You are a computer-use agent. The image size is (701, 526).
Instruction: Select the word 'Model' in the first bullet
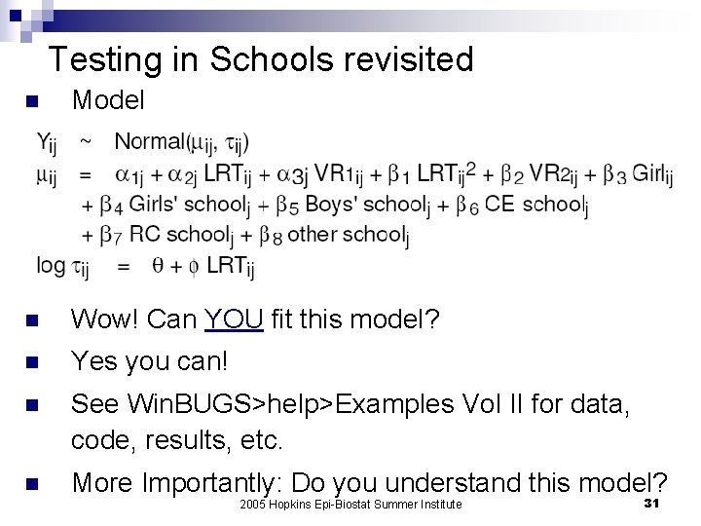108,99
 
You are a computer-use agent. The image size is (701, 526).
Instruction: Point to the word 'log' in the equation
50,265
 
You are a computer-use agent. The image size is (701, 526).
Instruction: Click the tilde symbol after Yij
86,142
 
